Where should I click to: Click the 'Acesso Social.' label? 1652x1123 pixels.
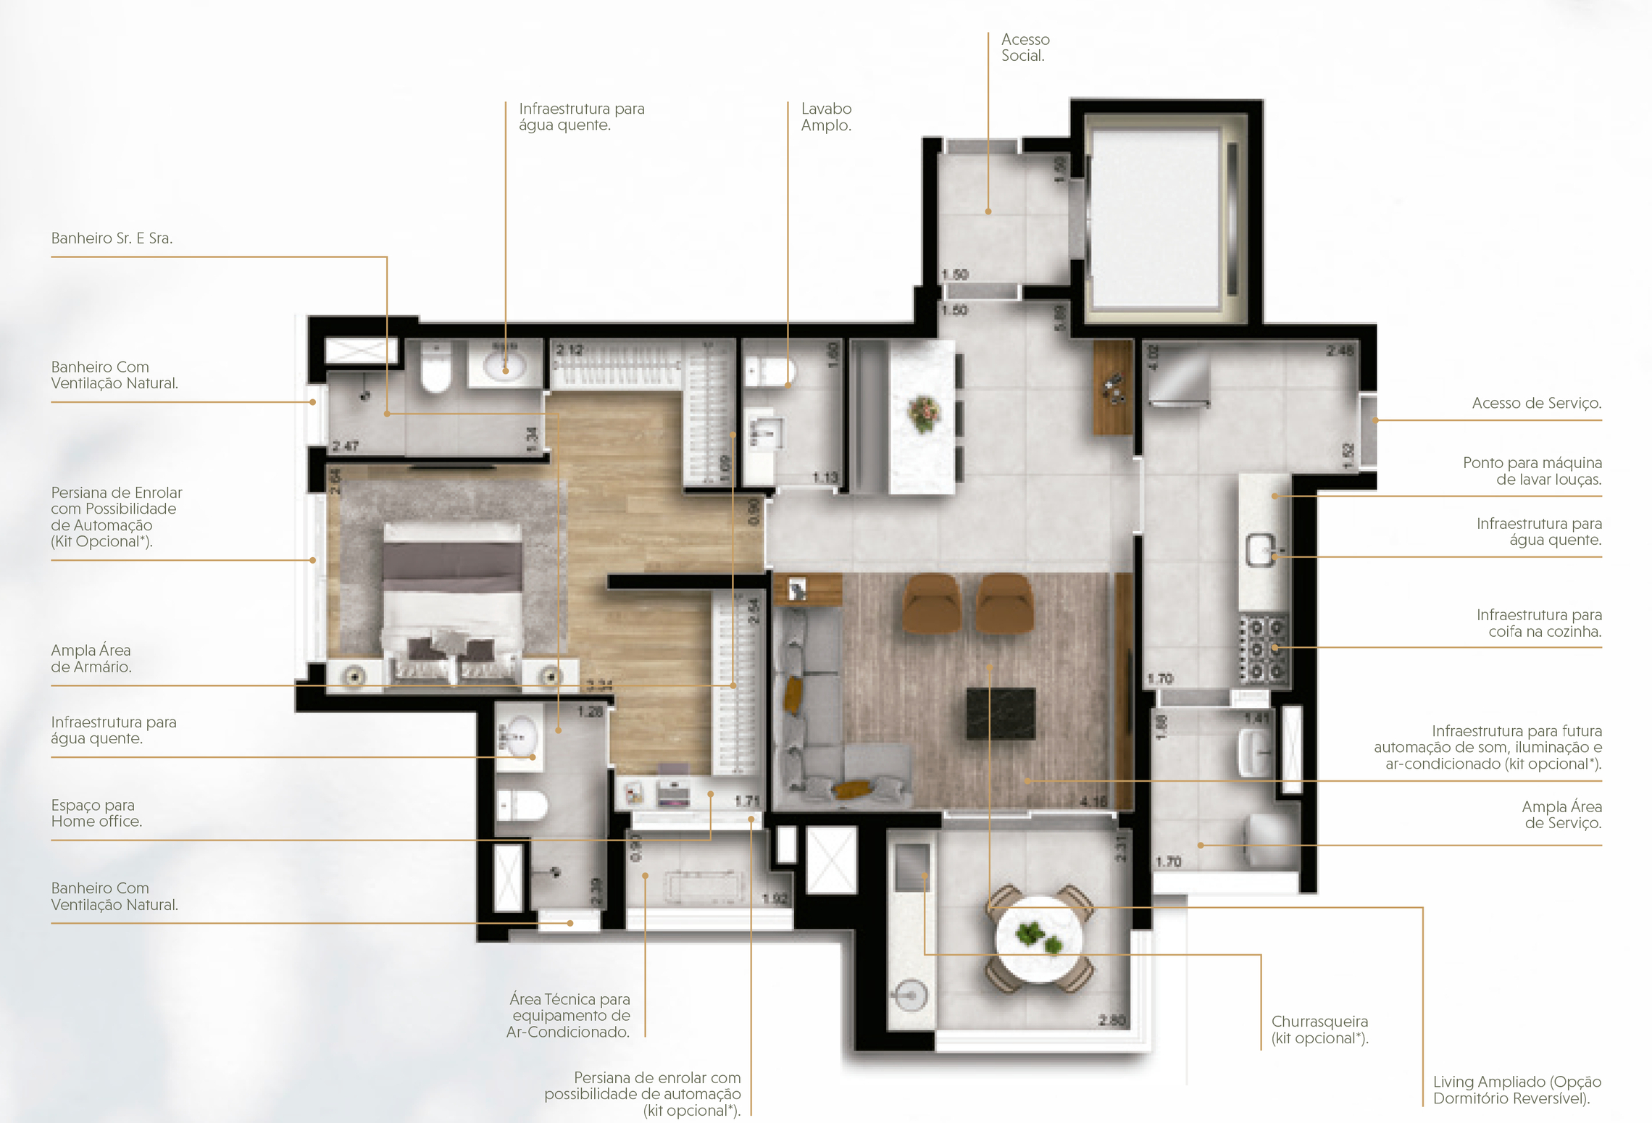tap(1025, 47)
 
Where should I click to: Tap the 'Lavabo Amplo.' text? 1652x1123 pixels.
tap(825, 117)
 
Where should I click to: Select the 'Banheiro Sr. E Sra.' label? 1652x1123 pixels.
tap(112, 238)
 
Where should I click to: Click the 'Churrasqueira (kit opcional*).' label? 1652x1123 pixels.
tap(1319, 1030)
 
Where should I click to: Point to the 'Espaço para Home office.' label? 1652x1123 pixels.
tap(96, 813)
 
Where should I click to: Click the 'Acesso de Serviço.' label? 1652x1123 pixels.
tap(1536, 403)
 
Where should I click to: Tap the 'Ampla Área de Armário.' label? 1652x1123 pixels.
tap(91, 658)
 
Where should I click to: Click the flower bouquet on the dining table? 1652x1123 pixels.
tap(923, 414)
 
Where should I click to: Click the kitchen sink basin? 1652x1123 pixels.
tap(1260, 549)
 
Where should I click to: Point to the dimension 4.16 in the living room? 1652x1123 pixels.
tap(1093, 801)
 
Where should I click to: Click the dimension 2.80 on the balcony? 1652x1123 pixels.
tap(1111, 1020)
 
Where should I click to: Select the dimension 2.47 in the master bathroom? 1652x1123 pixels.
tap(346, 446)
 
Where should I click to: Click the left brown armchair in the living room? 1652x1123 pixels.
tap(931, 603)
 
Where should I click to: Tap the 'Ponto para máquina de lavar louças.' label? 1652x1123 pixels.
tap(1532, 471)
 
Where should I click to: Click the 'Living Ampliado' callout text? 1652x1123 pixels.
tap(1517, 1090)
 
